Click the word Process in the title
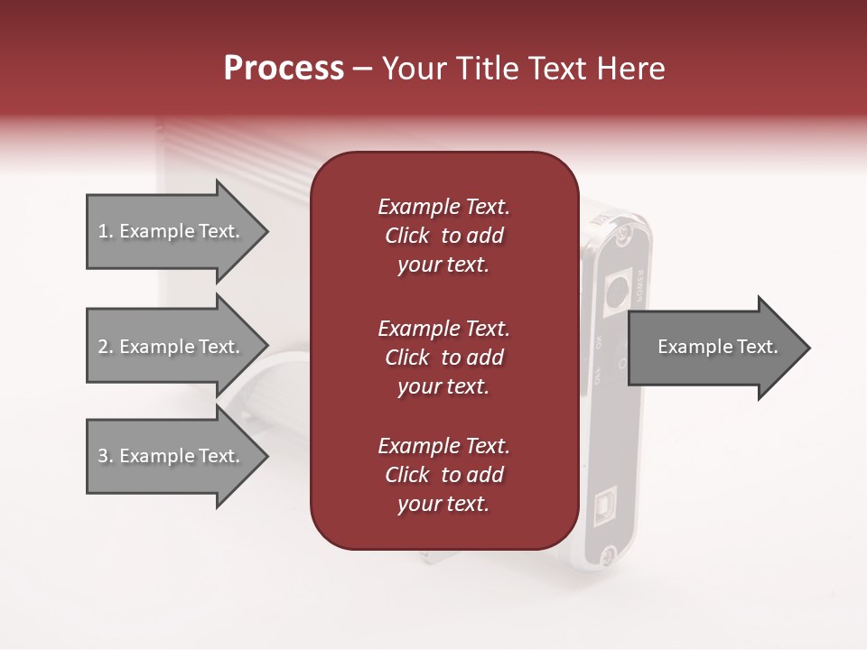click(284, 69)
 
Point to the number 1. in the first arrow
click(106, 231)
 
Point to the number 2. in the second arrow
click(106, 347)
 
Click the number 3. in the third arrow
click(106, 456)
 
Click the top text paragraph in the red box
click(443, 236)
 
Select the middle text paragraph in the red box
click(443, 357)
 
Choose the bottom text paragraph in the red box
click(443, 475)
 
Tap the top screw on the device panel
click(622, 236)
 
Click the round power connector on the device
click(618, 291)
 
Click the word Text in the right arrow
click(757, 347)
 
